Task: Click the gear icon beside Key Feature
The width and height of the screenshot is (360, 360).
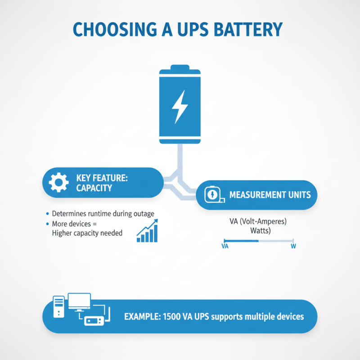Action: click(58, 183)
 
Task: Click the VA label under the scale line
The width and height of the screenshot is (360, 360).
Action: click(225, 247)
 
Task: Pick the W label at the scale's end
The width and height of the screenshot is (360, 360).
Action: click(293, 247)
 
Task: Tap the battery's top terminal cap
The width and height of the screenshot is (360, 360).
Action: click(180, 71)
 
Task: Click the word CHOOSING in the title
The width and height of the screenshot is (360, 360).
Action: click(112, 29)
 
